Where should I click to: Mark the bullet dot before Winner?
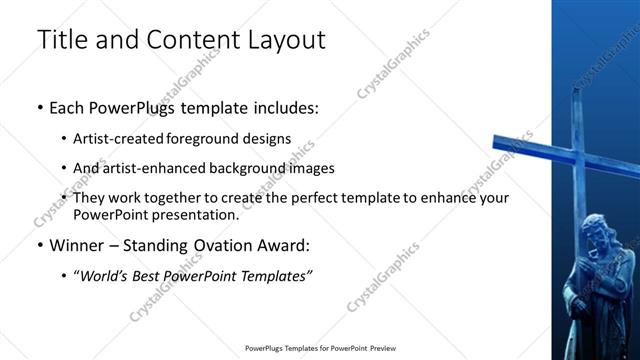click(x=39, y=245)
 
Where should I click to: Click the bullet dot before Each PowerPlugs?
click(x=39, y=108)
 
